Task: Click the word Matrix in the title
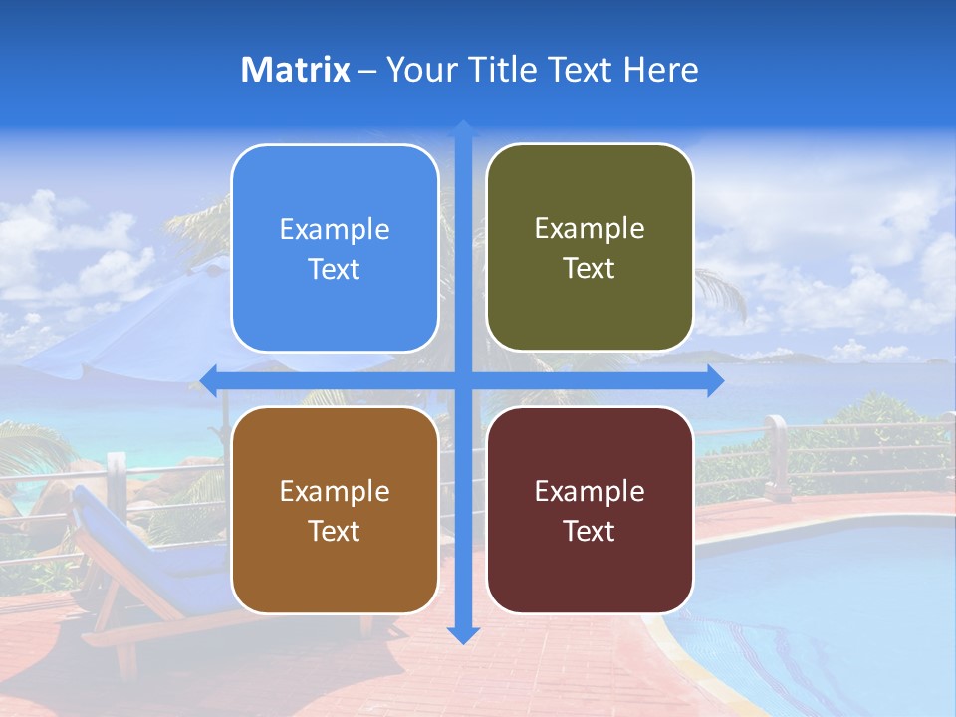(296, 70)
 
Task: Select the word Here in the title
(660, 70)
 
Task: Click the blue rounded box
(335, 249)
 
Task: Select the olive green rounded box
(590, 248)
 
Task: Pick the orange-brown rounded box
(335, 510)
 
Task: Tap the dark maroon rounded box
(590, 510)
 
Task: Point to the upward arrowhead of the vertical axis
(463, 129)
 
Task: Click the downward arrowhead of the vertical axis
(463, 634)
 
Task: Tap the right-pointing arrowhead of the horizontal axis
(715, 380)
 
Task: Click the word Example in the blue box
(335, 230)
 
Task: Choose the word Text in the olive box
(590, 269)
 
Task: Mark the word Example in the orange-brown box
(335, 492)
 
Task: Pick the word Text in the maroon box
(590, 531)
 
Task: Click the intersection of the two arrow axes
(463, 380)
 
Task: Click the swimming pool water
(827, 597)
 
